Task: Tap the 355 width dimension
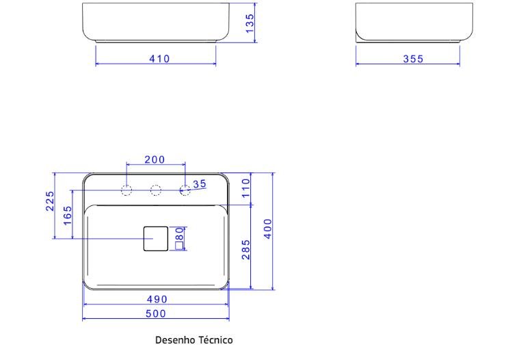click(x=412, y=59)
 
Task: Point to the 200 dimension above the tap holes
click(x=155, y=159)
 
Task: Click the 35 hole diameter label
click(x=200, y=183)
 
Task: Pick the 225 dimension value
click(x=50, y=202)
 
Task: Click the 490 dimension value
click(x=158, y=299)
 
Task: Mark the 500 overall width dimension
click(x=158, y=313)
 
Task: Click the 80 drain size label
click(x=180, y=234)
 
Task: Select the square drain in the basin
click(x=155, y=238)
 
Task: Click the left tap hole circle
click(x=126, y=190)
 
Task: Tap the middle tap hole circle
click(x=155, y=190)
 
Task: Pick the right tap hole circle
click(x=185, y=190)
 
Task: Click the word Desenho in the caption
click(x=175, y=339)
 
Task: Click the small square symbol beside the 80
click(x=180, y=245)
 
